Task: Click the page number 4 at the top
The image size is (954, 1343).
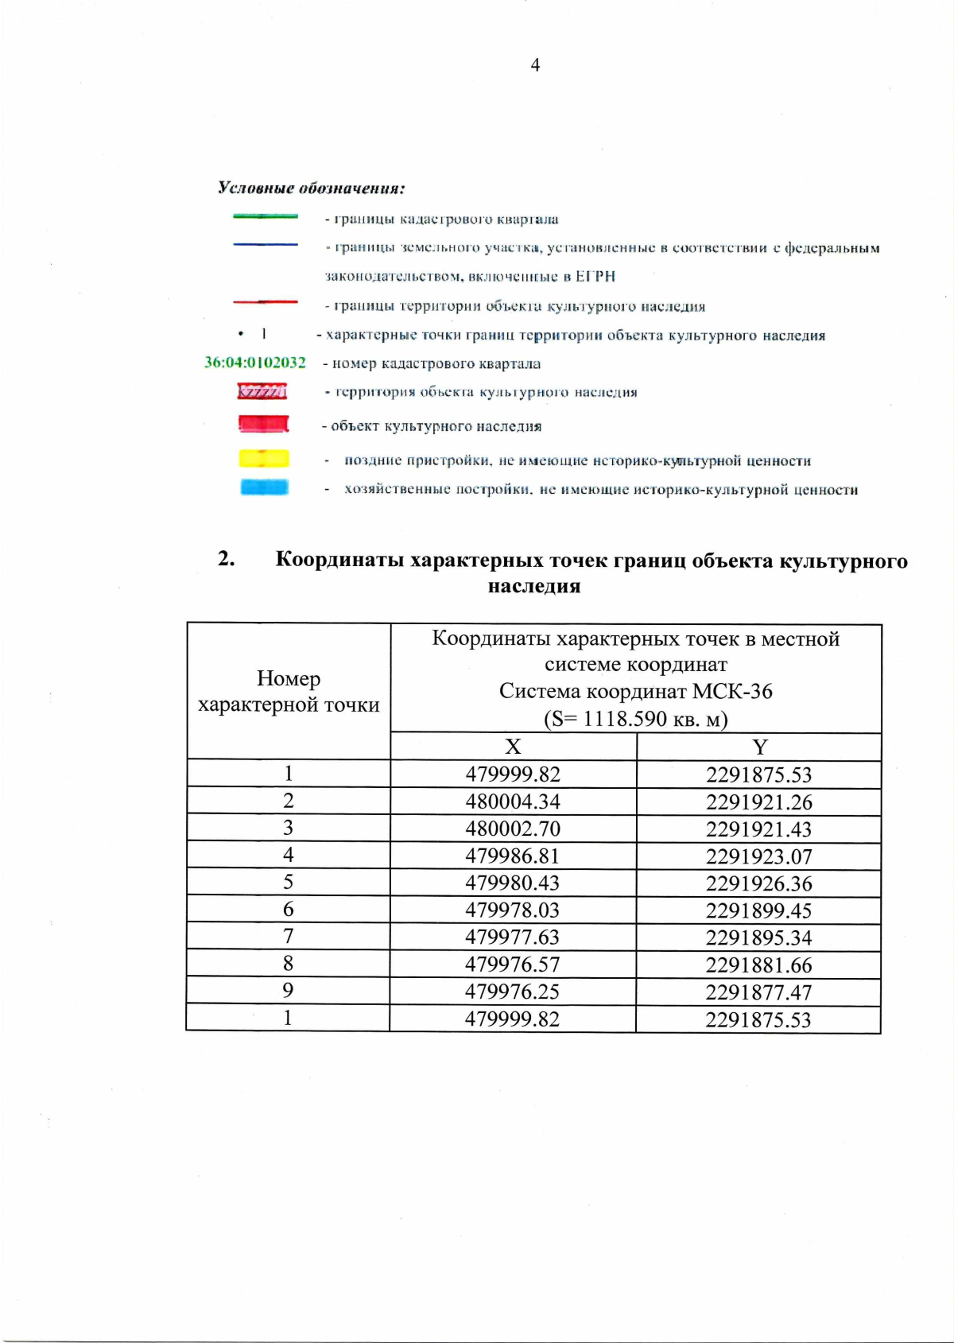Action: (535, 65)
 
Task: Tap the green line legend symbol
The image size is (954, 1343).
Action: (266, 216)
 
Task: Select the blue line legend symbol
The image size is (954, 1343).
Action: (266, 245)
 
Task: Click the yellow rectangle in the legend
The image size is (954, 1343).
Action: (264, 459)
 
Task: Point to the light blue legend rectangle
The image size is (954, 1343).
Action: (264, 487)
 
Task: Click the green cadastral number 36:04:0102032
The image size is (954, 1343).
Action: (255, 363)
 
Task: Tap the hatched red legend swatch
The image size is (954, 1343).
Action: (262, 391)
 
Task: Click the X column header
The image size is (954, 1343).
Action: (513, 747)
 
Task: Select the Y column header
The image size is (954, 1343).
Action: (759, 747)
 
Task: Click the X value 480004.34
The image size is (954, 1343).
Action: (513, 802)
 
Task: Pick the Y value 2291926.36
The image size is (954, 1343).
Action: (758, 883)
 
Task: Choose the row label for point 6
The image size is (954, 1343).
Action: (288, 909)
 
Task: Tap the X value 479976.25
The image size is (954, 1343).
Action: (512, 992)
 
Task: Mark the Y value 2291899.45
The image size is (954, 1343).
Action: (758, 910)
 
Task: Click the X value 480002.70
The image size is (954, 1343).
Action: (513, 829)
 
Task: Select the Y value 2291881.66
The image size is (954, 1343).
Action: (758, 965)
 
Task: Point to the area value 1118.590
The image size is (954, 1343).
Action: (625, 719)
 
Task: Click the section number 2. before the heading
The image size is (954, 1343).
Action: (227, 559)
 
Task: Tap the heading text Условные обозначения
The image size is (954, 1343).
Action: (311, 188)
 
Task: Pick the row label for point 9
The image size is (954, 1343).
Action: (288, 991)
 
